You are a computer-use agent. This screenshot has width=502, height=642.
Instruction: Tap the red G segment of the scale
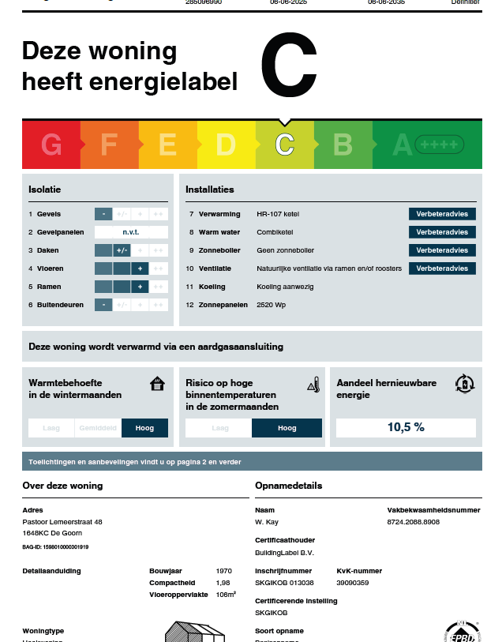click(x=51, y=145)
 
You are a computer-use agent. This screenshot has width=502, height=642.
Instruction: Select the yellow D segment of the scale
click(x=226, y=145)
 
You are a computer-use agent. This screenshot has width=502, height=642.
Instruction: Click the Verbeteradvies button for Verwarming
click(x=442, y=214)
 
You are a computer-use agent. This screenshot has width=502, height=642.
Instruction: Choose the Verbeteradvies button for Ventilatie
click(x=442, y=268)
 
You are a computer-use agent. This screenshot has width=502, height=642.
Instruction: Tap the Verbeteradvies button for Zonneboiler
click(x=442, y=250)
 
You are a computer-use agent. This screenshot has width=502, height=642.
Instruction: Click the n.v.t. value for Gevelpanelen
click(x=131, y=232)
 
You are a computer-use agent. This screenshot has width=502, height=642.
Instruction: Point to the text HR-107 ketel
click(x=278, y=214)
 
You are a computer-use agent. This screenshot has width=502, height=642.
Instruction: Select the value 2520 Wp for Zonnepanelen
click(x=272, y=305)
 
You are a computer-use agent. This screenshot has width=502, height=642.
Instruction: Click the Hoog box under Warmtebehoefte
click(x=144, y=428)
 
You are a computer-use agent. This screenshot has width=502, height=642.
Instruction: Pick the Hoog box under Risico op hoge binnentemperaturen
click(x=287, y=428)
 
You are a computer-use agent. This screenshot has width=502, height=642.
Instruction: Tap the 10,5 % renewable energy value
click(x=406, y=427)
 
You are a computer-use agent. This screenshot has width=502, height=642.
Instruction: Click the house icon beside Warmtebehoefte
click(x=158, y=384)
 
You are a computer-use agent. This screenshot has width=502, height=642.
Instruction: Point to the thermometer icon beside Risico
click(x=313, y=385)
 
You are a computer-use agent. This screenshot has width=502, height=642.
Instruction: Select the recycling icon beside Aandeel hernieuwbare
click(x=465, y=384)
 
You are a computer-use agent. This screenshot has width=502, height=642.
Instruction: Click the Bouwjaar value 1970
click(x=224, y=570)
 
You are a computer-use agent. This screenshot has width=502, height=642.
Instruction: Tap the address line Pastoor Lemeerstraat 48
click(x=62, y=522)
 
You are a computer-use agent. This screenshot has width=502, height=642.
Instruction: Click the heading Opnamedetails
click(x=288, y=486)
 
